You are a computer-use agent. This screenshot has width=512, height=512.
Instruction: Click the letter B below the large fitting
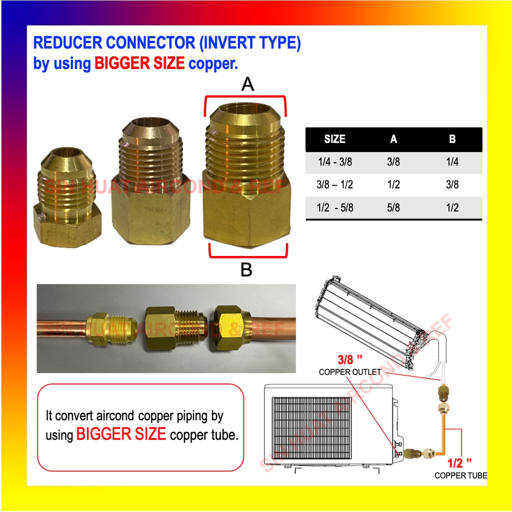tap(246, 270)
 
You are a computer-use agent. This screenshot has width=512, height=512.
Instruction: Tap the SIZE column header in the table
tap(334, 139)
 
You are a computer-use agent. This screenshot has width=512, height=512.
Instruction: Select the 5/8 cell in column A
tap(393, 207)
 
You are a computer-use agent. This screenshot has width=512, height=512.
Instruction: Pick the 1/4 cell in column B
tap(452, 162)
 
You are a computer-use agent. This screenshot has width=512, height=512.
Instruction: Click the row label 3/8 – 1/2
tap(334, 184)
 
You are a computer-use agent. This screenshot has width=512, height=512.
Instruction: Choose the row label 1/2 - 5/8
tap(334, 207)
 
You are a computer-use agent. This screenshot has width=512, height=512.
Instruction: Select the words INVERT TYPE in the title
tap(250, 43)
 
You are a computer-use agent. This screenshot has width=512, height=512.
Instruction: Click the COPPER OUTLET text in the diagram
tap(349, 372)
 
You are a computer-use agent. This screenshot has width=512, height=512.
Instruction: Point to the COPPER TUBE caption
tap(460, 475)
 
